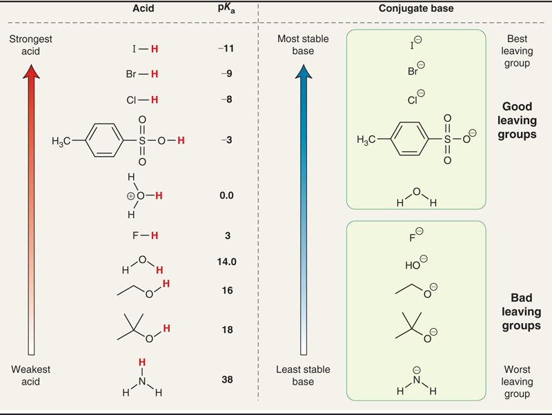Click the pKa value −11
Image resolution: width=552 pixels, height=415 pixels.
tap(225, 49)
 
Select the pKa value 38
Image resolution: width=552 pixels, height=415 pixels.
tap(226, 378)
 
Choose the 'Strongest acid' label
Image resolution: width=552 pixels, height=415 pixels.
tap(31, 45)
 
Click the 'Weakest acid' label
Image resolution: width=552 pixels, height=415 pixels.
tap(31, 376)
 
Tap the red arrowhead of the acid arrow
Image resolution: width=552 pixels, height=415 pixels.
tap(31, 70)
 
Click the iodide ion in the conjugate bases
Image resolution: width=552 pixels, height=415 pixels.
tap(415, 47)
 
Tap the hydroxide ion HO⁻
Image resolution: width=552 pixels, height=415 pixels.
tap(415, 264)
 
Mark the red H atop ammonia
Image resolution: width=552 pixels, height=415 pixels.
tap(141, 363)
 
